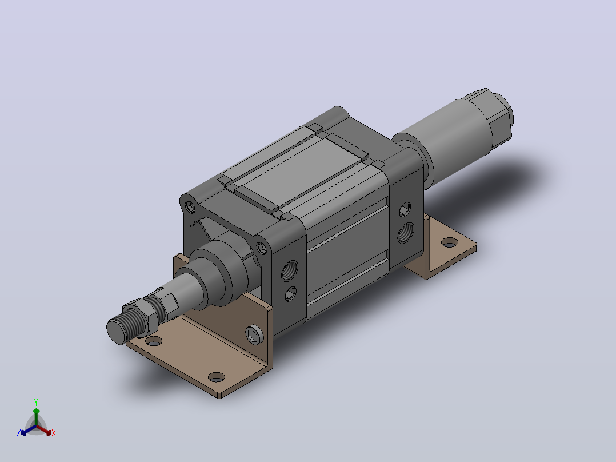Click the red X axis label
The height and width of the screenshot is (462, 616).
click(54, 433)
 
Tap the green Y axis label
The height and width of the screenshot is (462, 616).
click(36, 403)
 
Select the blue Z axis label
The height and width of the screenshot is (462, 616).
click(19, 433)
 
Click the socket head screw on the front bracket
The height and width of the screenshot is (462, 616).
click(254, 336)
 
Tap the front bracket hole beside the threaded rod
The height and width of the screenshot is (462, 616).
click(154, 341)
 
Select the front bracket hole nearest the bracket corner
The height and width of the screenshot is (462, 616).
click(216, 377)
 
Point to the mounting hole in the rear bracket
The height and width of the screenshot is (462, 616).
click(449, 242)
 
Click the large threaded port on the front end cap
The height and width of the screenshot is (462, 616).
click(290, 270)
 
